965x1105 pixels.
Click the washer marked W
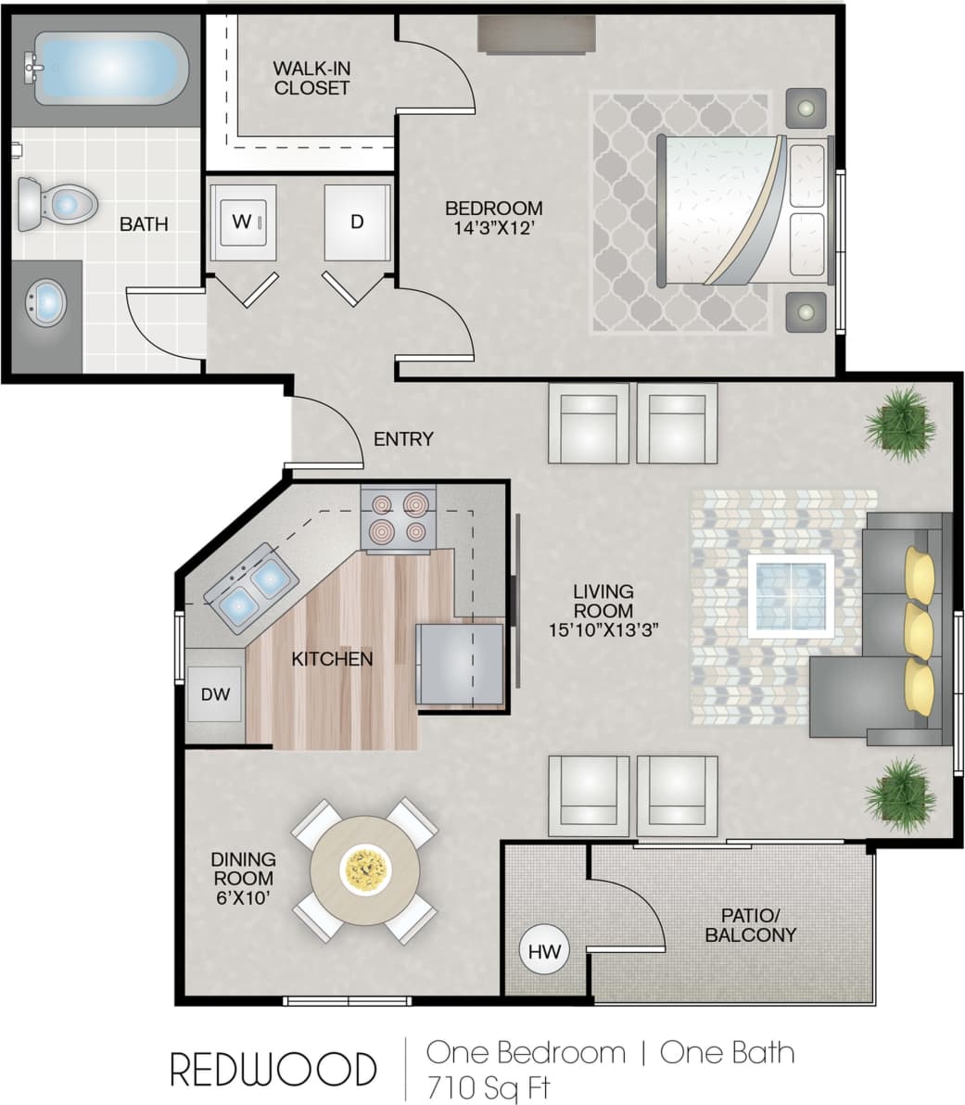tap(244, 222)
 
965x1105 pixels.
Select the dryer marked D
tap(357, 222)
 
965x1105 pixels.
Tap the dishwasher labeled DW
tap(215, 693)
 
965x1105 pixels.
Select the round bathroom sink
tap(45, 302)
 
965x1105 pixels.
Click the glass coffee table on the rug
tap(791, 595)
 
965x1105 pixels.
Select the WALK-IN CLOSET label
tap(311, 78)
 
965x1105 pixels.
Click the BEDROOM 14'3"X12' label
tap(493, 218)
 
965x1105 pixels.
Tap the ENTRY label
tap(403, 439)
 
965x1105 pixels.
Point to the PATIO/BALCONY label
tap(750, 924)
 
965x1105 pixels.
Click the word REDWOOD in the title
tap(273, 1069)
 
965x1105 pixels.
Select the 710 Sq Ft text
tap(490, 1085)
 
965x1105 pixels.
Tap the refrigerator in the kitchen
tap(460, 664)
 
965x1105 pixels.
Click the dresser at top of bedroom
tap(536, 34)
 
